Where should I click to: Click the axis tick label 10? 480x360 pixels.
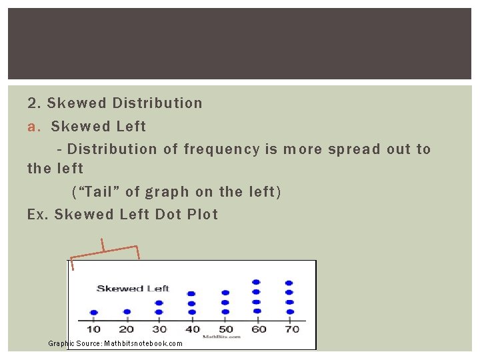pos(93,329)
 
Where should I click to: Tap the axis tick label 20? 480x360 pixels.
pos(126,329)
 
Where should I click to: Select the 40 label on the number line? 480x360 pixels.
pos(192,329)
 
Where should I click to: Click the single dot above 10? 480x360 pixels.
pos(93,312)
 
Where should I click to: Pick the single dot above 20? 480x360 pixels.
pos(126,311)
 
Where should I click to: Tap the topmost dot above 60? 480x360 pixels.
pos(257,282)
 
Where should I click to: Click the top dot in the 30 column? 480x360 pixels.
pos(159,303)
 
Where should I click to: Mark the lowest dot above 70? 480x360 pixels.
pos(289,311)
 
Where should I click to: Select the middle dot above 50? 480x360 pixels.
pos(225,302)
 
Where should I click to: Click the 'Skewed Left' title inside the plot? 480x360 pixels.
pos(133,289)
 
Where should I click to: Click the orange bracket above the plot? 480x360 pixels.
pos(104,247)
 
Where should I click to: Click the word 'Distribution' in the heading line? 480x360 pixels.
pos(157,103)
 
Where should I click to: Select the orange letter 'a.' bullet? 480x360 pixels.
pos(35,126)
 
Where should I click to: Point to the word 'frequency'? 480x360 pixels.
pos(221,149)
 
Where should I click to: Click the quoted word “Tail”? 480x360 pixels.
pos(96,192)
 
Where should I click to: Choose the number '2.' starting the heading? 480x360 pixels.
pos(34,103)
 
